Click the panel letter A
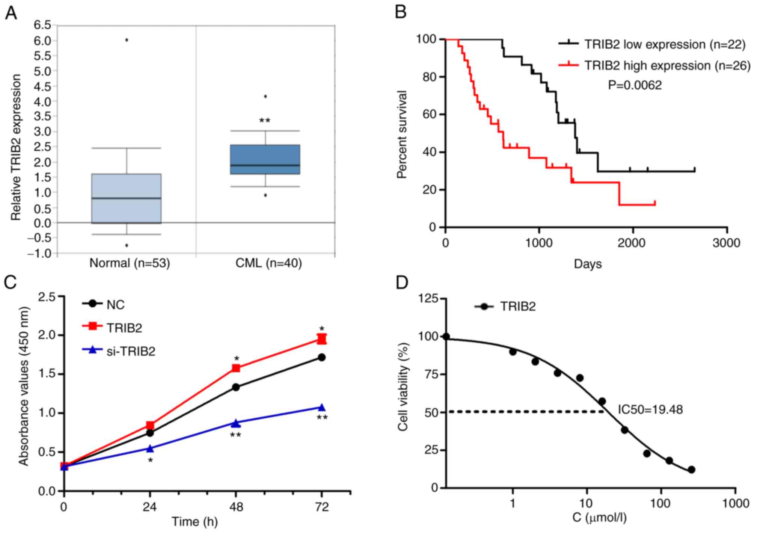11,14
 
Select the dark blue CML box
265,159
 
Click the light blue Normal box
127,198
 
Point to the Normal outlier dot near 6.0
127,40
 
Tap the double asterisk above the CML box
265,121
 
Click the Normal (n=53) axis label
130,263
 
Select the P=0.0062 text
635,86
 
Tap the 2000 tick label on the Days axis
633,243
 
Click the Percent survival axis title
402,134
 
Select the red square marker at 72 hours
322,339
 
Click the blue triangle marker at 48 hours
236,423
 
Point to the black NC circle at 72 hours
322,357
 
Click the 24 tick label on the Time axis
150,507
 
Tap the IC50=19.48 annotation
650,409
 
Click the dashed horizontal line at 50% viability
526,412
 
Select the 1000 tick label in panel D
735,503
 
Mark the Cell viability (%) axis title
403,387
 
